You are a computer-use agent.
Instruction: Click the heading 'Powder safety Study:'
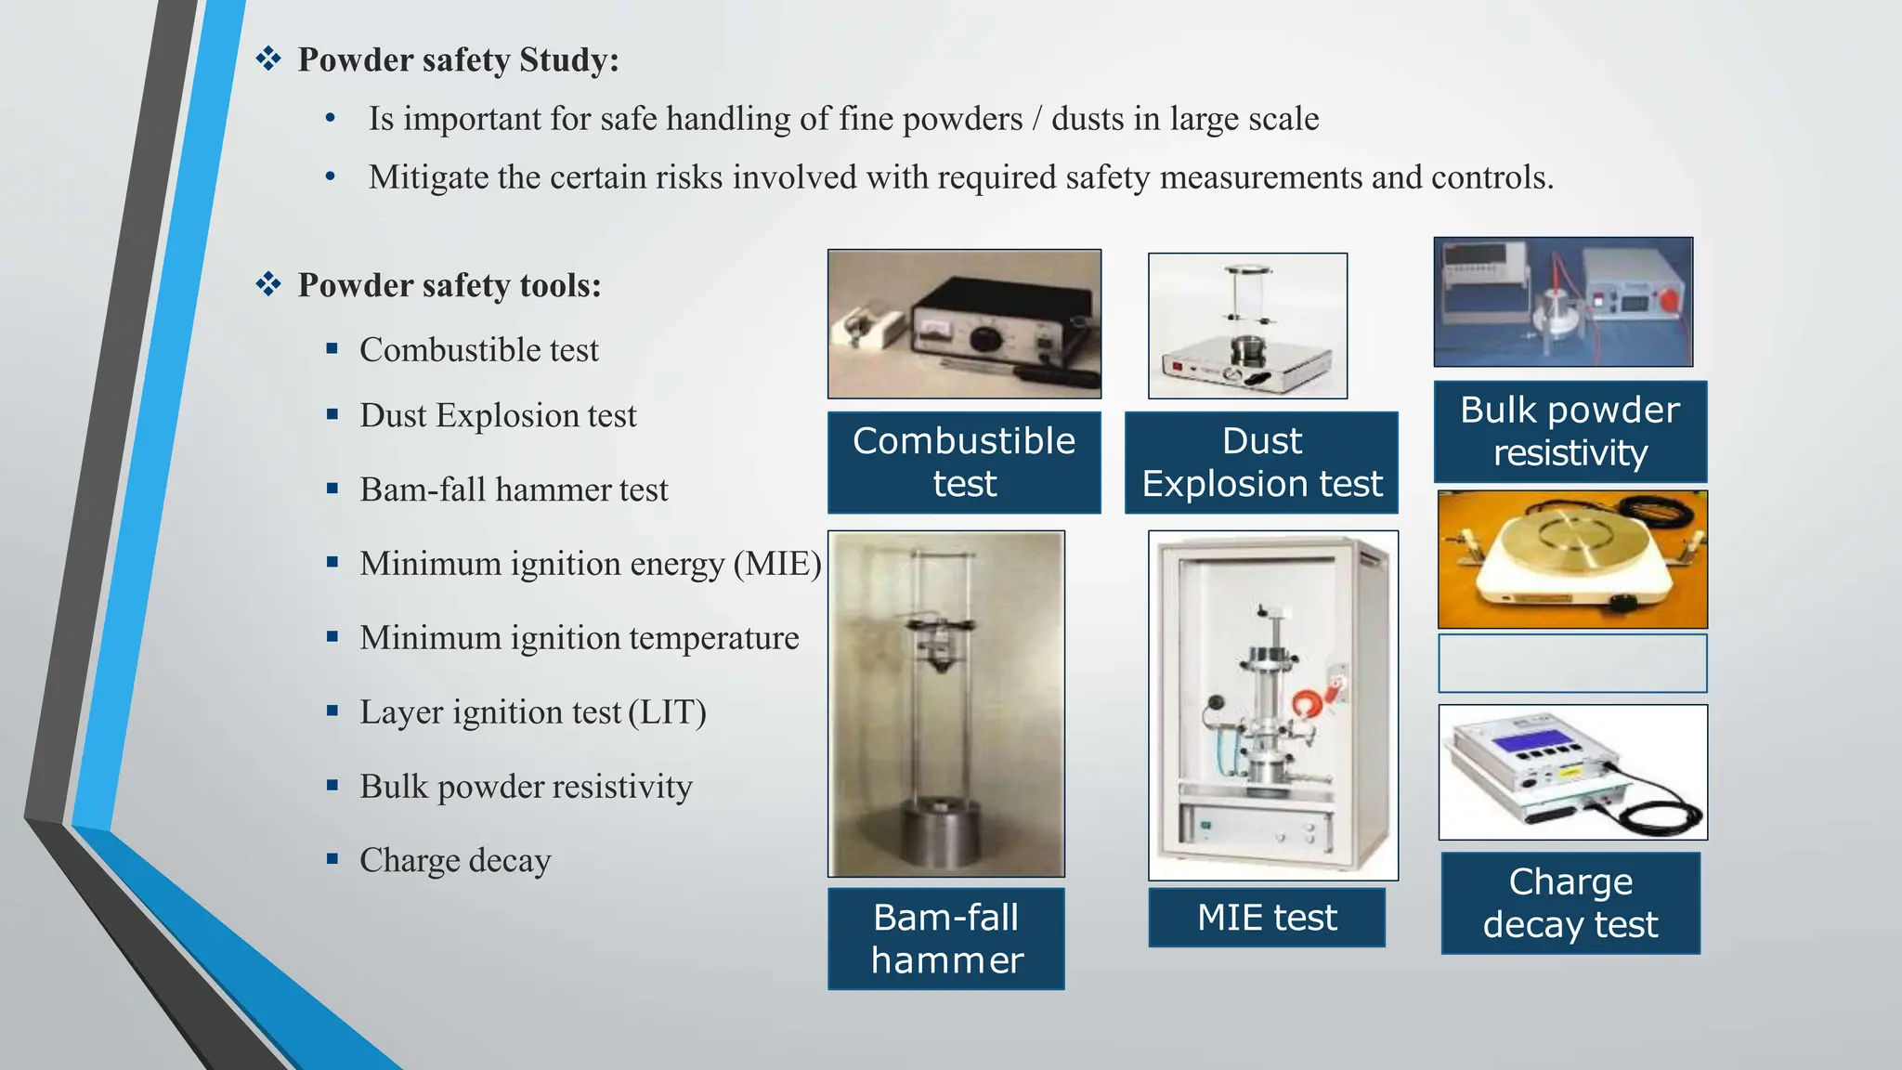[458, 60]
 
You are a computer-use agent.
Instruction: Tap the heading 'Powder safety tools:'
[449, 285]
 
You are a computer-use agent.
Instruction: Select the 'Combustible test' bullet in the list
[479, 350]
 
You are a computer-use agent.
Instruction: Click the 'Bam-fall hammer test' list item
[514, 489]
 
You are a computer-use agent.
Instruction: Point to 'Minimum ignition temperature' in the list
[579, 638]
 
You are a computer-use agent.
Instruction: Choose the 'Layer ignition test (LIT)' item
[533, 712]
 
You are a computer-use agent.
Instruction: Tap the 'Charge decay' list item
[455, 860]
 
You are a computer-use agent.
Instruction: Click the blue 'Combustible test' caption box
[964, 463]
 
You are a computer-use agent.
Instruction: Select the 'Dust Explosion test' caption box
[1261, 463]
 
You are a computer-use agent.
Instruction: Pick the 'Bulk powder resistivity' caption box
[1570, 431]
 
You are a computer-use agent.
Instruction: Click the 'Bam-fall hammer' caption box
[946, 938]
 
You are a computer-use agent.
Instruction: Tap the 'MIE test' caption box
[1267, 918]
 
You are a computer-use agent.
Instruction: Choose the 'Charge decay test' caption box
[1570, 903]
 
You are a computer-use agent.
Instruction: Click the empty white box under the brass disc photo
[1572, 663]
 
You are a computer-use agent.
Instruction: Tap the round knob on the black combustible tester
[985, 339]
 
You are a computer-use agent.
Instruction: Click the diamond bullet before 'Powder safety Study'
[268, 59]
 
